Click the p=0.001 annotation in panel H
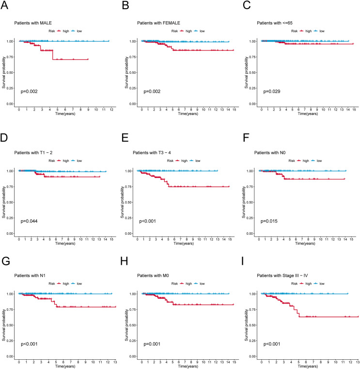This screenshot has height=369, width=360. point(150,344)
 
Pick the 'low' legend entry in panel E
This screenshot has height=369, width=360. point(200,160)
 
